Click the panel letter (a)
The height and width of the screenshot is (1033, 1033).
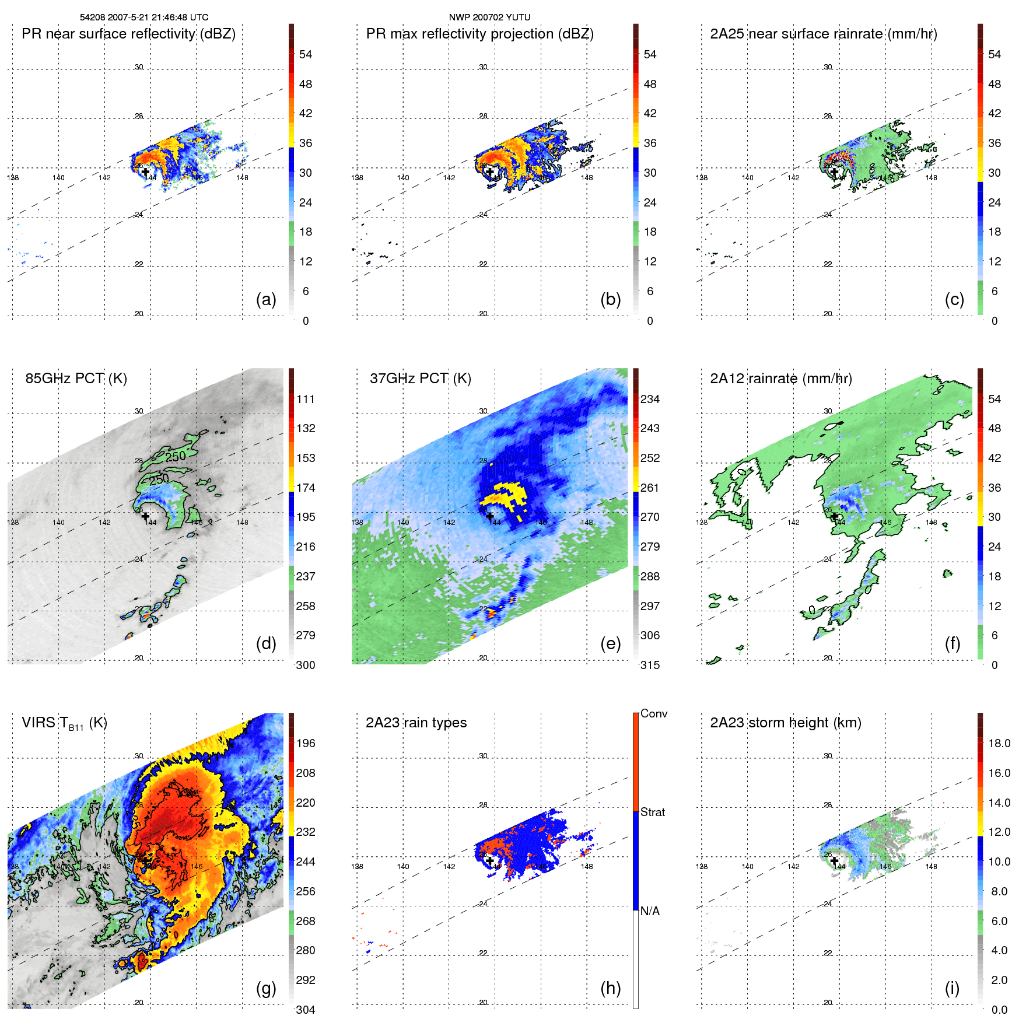pos(266,300)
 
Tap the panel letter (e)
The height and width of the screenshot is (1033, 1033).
pos(610,644)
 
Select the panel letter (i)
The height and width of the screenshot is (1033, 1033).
pos(952,989)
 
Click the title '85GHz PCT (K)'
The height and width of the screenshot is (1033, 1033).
pos(76,379)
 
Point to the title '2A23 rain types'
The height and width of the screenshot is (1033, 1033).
pos(416,723)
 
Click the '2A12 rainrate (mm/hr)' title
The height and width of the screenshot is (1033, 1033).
pos(781,379)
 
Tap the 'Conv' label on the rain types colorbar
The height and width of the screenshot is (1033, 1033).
pos(654,714)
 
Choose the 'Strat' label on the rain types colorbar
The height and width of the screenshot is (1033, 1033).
pos(653,813)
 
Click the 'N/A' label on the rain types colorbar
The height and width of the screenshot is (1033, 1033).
pos(650,911)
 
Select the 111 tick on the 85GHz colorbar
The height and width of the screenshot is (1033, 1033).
pos(306,400)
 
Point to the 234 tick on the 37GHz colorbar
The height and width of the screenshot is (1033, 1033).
pos(650,400)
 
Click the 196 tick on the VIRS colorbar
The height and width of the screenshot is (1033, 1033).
pos(306,744)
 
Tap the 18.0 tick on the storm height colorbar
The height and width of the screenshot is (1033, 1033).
pos(999,744)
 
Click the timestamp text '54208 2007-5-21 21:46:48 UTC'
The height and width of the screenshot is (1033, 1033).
pos(144,17)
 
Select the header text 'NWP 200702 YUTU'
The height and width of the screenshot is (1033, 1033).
pos(489,17)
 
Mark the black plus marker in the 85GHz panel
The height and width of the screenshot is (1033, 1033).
pos(145,516)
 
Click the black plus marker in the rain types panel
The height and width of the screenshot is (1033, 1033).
pos(490,860)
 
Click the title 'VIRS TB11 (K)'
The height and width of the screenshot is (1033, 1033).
pos(64,723)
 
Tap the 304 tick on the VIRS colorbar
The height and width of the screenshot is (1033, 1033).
pos(306,1010)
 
